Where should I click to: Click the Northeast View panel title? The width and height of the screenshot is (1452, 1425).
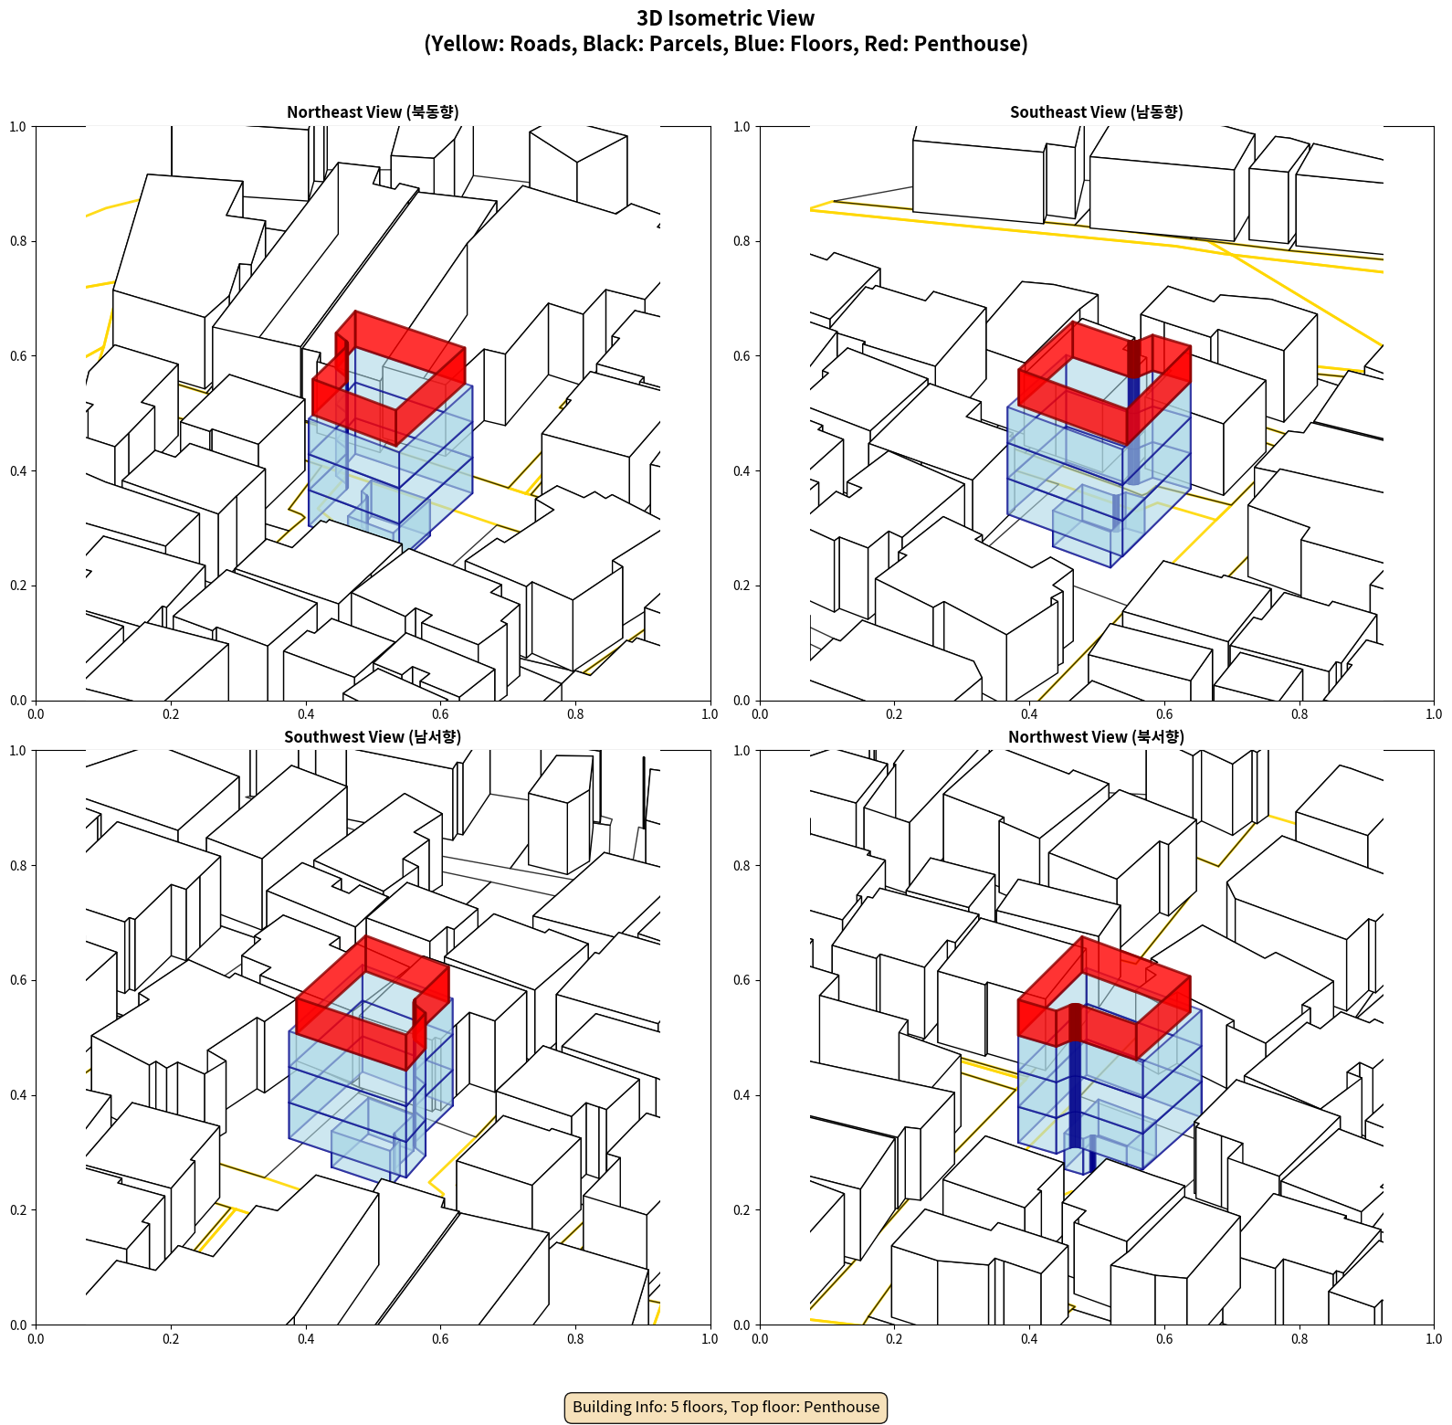pyautogui.click(x=373, y=112)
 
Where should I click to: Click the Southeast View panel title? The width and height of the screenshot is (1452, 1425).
pyautogui.click(x=1096, y=112)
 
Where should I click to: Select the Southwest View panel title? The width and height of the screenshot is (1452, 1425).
pyautogui.click(x=373, y=737)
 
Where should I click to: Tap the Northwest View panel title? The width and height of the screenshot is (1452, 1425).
pyautogui.click(x=1096, y=737)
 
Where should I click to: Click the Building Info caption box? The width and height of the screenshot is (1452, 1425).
pyautogui.click(x=726, y=1407)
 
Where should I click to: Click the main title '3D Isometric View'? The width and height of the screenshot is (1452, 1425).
pyautogui.click(x=726, y=18)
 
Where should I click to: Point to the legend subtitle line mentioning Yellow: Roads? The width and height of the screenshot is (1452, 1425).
pyautogui.click(x=726, y=44)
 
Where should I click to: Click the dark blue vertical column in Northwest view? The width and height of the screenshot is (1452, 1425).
pyautogui.click(x=1076, y=1087)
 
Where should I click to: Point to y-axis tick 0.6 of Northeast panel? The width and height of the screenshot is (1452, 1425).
pyautogui.click(x=17, y=356)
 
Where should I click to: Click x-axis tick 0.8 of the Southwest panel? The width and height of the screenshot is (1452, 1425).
pyautogui.click(x=575, y=1339)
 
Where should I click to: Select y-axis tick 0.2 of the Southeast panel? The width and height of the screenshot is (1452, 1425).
pyautogui.click(x=742, y=586)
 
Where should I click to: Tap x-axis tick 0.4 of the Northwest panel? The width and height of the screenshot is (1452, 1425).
pyautogui.click(x=1029, y=1339)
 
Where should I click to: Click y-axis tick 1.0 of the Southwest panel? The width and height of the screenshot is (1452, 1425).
pyautogui.click(x=17, y=751)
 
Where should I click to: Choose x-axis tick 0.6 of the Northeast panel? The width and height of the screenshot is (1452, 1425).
pyautogui.click(x=440, y=714)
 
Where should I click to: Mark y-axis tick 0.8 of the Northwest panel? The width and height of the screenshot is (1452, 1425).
pyautogui.click(x=742, y=866)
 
